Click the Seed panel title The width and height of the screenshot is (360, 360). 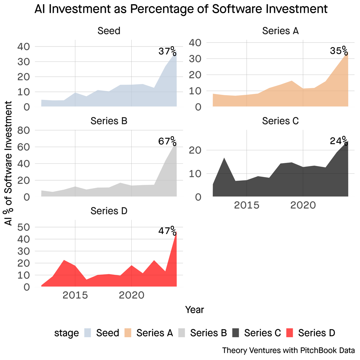pos(109,31)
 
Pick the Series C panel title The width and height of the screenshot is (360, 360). pos(280,121)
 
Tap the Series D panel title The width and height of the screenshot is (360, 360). pos(109,211)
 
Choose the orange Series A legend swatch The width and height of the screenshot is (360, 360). pos(127,333)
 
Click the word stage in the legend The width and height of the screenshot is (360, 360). pos(66,333)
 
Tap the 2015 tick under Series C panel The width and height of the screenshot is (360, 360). pos(246,205)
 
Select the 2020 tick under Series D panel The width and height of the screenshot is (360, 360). pos(131,295)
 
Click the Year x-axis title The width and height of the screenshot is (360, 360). pos(194,310)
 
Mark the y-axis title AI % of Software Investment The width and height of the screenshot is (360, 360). pos(9,163)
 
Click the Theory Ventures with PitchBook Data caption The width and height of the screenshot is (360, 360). pos(288,350)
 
